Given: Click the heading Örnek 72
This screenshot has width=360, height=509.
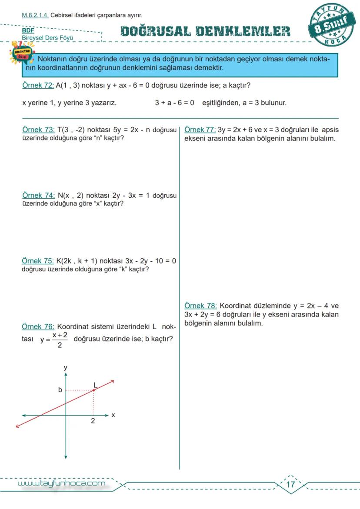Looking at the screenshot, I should (38, 85).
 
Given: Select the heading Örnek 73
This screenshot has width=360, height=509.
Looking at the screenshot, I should (38, 130).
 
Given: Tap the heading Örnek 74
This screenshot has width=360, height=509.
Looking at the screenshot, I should (38, 195).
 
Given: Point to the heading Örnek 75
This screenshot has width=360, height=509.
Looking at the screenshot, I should (38, 261).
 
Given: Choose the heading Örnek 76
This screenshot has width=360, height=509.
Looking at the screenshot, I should (38, 326).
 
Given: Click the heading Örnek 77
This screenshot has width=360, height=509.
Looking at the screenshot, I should (200, 130).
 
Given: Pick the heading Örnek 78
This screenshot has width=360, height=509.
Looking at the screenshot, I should (200, 305).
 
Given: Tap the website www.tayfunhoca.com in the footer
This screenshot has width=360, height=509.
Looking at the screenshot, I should (61, 483).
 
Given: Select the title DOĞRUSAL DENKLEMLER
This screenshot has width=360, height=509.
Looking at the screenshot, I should (205, 31).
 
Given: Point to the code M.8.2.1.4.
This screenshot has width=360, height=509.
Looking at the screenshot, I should (35, 15).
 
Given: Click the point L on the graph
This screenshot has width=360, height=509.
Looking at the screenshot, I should (94, 390).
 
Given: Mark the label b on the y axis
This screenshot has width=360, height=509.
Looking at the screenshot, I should (60, 390).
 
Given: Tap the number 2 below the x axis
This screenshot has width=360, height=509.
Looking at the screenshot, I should (93, 421).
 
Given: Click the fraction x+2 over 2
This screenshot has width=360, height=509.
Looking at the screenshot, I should (59, 340).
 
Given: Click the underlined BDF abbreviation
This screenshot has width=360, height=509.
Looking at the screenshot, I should (28, 30).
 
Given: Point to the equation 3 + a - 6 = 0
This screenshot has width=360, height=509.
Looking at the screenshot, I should (174, 103).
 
